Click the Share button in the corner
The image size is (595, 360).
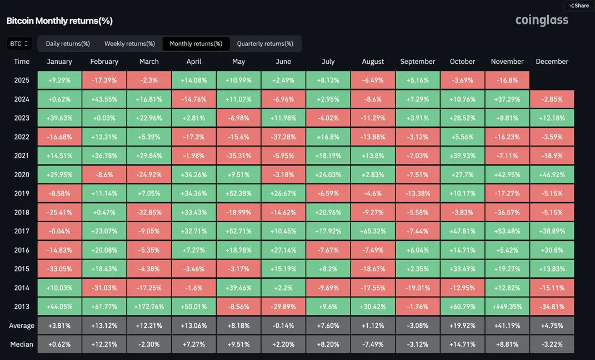click(x=579, y=6)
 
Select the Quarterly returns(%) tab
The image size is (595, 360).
click(x=265, y=43)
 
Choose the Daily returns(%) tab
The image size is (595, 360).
click(x=68, y=43)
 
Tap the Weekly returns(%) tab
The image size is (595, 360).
click(x=129, y=43)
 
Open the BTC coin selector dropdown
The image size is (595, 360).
click(x=19, y=43)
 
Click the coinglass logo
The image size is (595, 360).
click(x=542, y=21)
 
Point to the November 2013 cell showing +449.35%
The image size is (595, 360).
click(x=507, y=307)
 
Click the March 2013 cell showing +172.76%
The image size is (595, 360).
click(x=149, y=307)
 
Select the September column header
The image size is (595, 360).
click(x=418, y=62)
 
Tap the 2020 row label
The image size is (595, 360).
click(x=22, y=174)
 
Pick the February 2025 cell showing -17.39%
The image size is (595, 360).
click(x=104, y=80)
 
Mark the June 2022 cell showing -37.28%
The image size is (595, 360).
click(x=283, y=137)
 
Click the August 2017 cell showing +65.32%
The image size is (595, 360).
click(x=373, y=231)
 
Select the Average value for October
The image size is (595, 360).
click(x=462, y=326)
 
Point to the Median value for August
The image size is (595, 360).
click(x=373, y=344)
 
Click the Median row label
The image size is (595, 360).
click(x=22, y=344)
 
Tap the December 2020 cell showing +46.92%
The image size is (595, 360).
click(x=552, y=174)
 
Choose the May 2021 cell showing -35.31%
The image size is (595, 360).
click(x=238, y=156)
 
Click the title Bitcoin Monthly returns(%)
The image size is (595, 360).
click(x=59, y=21)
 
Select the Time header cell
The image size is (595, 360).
click(x=22, y=62)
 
